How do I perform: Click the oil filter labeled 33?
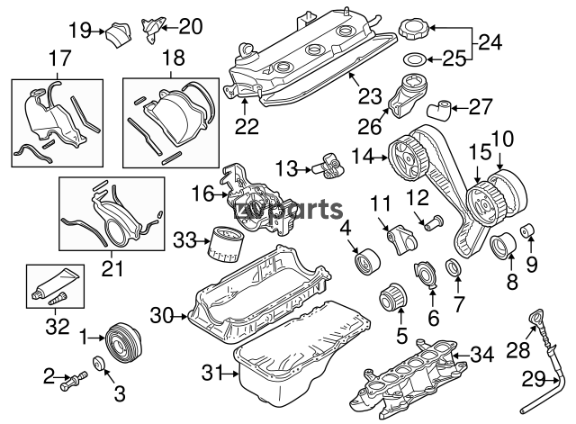pyautogui.click(x=224, y=244)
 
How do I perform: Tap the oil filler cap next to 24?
pyautogui.click(x=414, y=29)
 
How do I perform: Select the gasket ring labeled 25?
pyautogui.click(x=414, y=59)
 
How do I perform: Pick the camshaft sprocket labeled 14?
pyautogui.click(x=408, y=158)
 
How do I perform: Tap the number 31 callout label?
pyautogui.click(x=212, y=374)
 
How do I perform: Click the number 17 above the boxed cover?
pyautogui.click(x=59, y=58)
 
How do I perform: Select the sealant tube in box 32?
pyautogui.click(x=56, y=286)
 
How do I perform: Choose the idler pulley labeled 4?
pyautogui.click(x=366, y=261)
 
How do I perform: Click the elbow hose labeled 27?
pyautogui.click(x=439, y=110)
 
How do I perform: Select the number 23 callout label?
pyautogui.click(x=370, y=95)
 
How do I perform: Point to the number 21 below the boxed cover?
pyautogui.click(x=112, y=268)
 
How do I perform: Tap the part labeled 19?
pyautogui.click(x=119, y=34)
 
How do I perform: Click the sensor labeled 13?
pyautogui.click(x=328, y=166)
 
